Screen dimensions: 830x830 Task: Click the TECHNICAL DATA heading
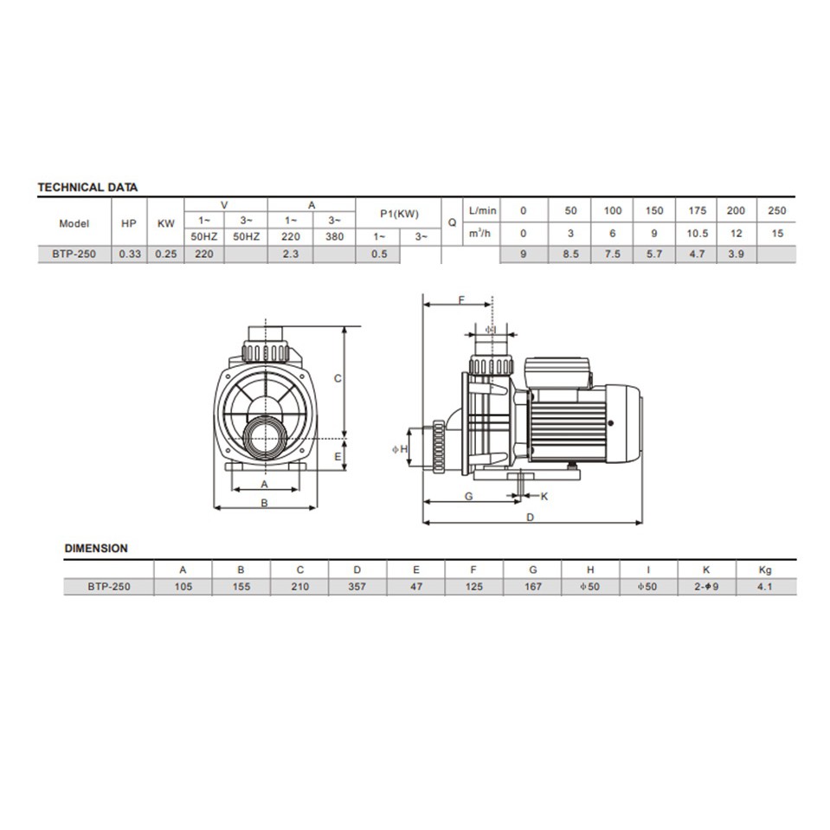(x=87, y=187)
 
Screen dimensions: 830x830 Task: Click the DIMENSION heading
(x=96, y=549)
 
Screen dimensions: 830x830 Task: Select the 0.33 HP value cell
(x=130, y=254)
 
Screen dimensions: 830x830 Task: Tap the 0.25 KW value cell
(x=165, y=254)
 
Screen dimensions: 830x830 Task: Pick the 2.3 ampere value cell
(x=291, y=254)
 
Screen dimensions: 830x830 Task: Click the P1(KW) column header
(x=399, y=214)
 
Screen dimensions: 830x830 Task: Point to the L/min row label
(x=483, y=210)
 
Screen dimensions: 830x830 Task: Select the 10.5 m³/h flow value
(x=697, y=234)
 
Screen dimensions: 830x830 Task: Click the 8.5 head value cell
(x=570, y=254)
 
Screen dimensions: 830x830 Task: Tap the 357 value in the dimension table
(x=357, y=587)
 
